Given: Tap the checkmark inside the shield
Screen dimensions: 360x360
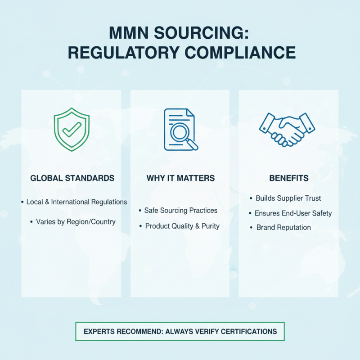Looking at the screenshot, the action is [72, 130].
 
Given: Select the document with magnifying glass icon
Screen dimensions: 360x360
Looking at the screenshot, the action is [181, 130].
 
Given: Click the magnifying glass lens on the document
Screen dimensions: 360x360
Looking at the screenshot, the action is [180, 132].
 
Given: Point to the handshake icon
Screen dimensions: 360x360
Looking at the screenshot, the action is [287, 130].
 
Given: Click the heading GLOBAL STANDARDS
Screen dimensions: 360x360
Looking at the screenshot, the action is [72, 178].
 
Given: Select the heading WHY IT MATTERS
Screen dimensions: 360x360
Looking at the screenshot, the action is [181, 178].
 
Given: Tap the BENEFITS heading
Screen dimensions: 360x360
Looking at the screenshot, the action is [289, 178].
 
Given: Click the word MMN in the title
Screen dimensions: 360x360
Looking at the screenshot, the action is [129, 33].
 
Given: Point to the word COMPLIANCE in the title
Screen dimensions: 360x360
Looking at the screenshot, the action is [240, 53].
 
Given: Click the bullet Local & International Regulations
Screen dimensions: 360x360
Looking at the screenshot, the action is [76, 202].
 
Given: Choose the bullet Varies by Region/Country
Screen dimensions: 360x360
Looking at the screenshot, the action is [76, 222].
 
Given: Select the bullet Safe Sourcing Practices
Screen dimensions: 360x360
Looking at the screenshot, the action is [181, 211].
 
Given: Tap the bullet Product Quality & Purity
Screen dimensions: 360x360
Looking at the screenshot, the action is [182, 226].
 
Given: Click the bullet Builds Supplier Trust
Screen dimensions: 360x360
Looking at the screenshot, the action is [288, 198].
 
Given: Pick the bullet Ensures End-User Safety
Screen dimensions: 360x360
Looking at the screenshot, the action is [293, 213].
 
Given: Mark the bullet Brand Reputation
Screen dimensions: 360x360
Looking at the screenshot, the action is [283, 228].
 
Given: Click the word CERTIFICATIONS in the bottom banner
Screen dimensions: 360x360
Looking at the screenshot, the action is [249, 332].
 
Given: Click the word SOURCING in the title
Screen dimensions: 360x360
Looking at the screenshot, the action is [201, 33].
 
